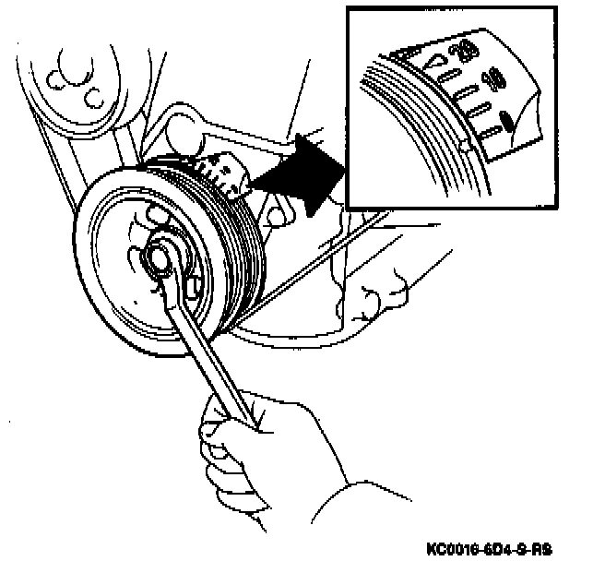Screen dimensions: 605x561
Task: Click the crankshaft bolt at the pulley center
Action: point(164,258)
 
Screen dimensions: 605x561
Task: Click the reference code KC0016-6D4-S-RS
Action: point(488,547)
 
